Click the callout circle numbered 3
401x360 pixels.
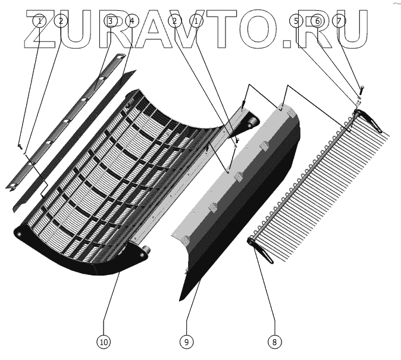pos(111,21)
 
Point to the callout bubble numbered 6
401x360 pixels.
pos(318,21)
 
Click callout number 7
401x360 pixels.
pos(339,21)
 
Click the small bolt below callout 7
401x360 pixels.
pos(361,91)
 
